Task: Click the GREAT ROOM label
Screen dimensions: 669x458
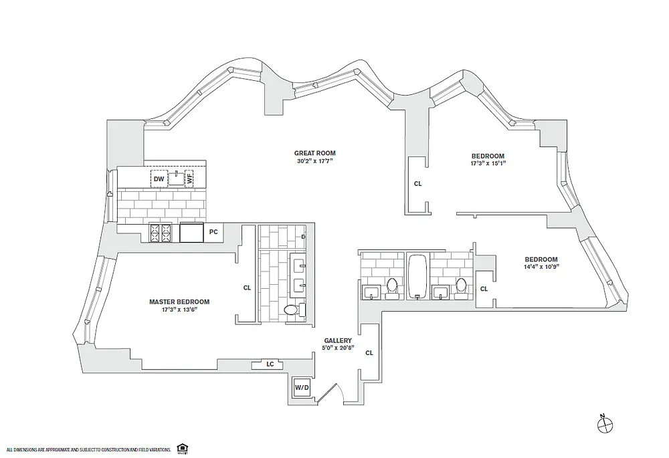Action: [315, 153]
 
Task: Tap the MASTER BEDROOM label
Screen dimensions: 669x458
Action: [179, 302]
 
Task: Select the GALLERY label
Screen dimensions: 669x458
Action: [338, 341]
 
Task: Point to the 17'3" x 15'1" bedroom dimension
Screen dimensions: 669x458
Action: [488, 163]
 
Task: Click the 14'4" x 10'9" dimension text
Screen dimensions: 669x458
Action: [541, 267]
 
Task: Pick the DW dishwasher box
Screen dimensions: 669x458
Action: [159, 179]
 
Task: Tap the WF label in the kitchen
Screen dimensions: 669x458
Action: [189, 179]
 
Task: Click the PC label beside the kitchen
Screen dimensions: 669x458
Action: [213, 232]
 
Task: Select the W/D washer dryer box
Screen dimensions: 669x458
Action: [302, 388]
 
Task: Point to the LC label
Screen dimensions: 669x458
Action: [270, 364]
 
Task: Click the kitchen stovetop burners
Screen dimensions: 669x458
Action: [160, 233]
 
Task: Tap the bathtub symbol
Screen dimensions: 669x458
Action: [417, 276]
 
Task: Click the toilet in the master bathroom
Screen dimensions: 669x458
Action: [292, 310]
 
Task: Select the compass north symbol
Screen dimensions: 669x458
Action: [604, 423]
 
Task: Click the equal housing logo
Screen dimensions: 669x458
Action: [183, 449]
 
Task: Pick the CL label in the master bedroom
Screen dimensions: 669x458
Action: [247, 288]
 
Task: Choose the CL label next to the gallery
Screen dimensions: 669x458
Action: [369, 353]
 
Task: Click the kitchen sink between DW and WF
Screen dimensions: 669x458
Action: [176, 178]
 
